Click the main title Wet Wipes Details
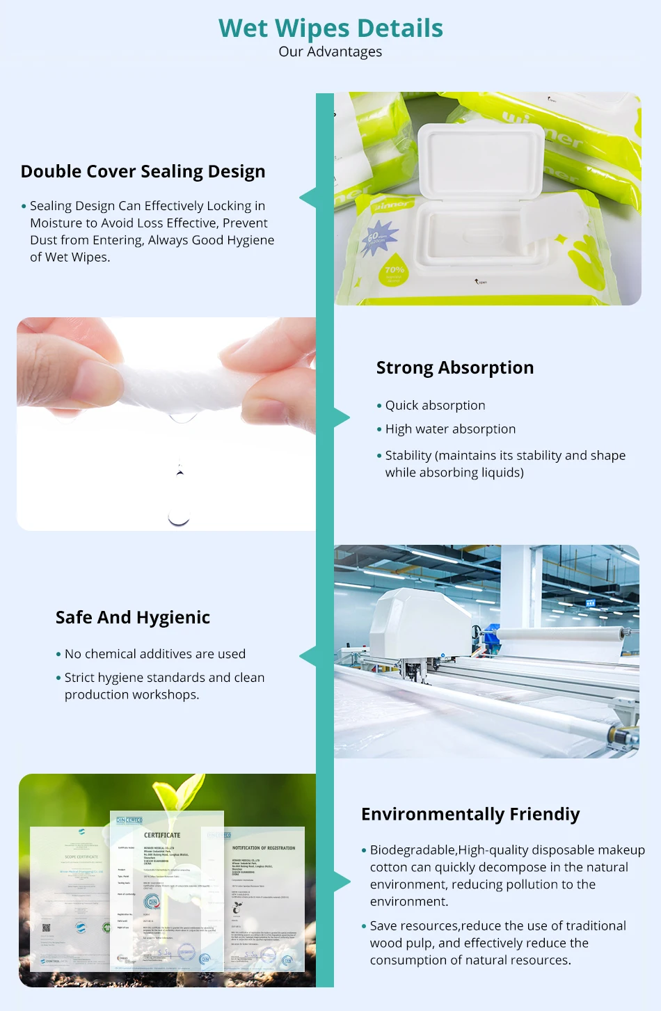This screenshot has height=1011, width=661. point(330,29)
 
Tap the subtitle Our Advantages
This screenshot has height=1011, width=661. point(330,52)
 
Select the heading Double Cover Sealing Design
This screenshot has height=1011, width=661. point(143,172)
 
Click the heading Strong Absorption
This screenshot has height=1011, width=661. point(455,368)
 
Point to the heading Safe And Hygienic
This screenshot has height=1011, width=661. point(133,618)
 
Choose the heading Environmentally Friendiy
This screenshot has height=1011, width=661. point(470,815)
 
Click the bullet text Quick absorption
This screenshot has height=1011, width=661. point(435,406)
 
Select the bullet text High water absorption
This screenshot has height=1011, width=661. point(450,429)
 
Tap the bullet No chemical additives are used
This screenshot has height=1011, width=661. point(154,654)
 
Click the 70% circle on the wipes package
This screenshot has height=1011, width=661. point(394,272)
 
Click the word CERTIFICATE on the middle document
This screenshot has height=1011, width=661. point(162,835)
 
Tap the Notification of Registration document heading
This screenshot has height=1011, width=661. point(264,848)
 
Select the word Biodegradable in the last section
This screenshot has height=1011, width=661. point(413,850)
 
